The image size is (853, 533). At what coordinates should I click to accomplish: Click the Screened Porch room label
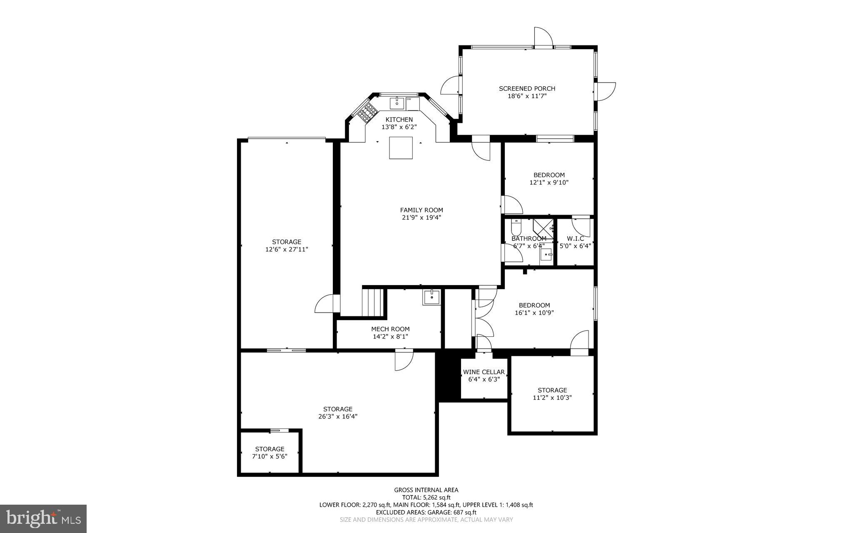(527, 88)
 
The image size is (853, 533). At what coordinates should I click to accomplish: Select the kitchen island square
(401, 148)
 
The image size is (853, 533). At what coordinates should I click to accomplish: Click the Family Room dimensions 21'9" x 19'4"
(422, 218)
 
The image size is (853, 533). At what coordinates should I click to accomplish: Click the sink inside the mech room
(432, 297)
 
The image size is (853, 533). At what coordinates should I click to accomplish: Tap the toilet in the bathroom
(516, 227)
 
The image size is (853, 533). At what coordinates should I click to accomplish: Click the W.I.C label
(575, 238)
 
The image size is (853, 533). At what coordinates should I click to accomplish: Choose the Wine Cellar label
(484, 372)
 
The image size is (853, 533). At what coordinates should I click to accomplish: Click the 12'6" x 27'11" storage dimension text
(287, 250)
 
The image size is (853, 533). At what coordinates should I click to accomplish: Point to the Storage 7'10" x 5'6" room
(270, 453)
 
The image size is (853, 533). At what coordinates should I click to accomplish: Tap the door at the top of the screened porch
(543, 38)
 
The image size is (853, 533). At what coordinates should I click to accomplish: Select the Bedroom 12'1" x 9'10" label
(549, 175)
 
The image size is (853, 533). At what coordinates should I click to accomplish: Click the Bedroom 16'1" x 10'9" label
(534, 305)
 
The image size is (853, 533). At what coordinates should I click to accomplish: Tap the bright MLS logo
(43, 518)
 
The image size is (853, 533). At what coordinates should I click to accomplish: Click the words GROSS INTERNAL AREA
(426, 490)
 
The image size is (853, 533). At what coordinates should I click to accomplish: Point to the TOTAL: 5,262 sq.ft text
(426, 497)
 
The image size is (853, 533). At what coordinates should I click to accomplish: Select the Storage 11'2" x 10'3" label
(552, 390)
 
